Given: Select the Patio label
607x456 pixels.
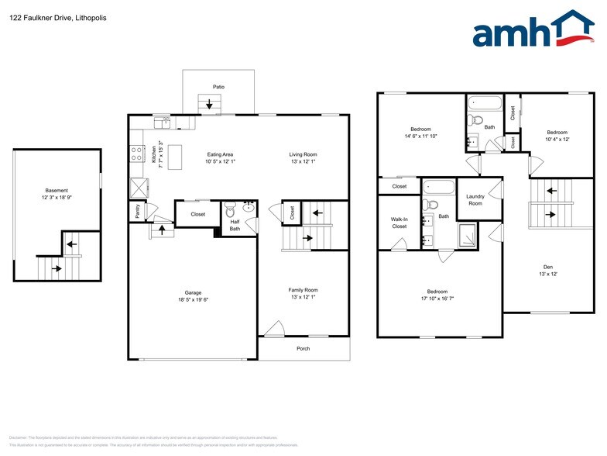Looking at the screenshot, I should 219,87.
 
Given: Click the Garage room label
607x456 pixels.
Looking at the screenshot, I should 193,293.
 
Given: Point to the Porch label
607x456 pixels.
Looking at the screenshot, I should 303,348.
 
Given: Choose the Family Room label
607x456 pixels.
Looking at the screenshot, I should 303,289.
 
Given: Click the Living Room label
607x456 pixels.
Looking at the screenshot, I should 303,154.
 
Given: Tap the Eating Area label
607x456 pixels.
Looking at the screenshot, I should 221,154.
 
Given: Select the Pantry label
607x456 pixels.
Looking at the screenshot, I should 138,211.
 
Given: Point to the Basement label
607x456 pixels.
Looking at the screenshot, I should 57,190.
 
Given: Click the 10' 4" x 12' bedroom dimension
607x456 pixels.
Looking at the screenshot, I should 557,140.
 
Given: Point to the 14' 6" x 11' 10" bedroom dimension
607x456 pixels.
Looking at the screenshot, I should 420,136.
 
